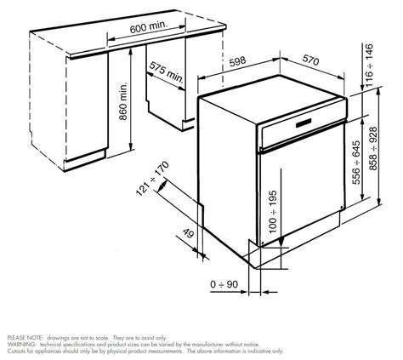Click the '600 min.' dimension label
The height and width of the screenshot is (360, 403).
149,27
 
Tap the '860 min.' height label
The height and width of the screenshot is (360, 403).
123,101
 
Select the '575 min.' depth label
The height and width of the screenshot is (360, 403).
166,72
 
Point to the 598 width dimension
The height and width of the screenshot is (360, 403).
237,61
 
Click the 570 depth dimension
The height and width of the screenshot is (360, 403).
311,60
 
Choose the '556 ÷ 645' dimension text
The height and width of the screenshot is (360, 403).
356,163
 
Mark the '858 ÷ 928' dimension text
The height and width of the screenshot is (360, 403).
374,149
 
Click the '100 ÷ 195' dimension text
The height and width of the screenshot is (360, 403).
273,212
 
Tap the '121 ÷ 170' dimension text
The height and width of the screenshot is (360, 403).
152,178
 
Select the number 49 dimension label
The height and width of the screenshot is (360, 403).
188,233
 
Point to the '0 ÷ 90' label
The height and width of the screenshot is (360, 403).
224,284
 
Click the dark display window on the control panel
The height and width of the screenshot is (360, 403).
304,123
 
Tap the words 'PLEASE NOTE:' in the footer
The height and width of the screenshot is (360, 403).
26,338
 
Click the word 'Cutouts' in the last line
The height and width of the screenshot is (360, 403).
15,351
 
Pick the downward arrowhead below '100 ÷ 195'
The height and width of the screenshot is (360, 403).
281,242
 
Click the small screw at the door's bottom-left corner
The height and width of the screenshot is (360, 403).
263,243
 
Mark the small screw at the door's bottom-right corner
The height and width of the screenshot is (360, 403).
342,208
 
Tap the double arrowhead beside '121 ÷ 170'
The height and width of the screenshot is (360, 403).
162,186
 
